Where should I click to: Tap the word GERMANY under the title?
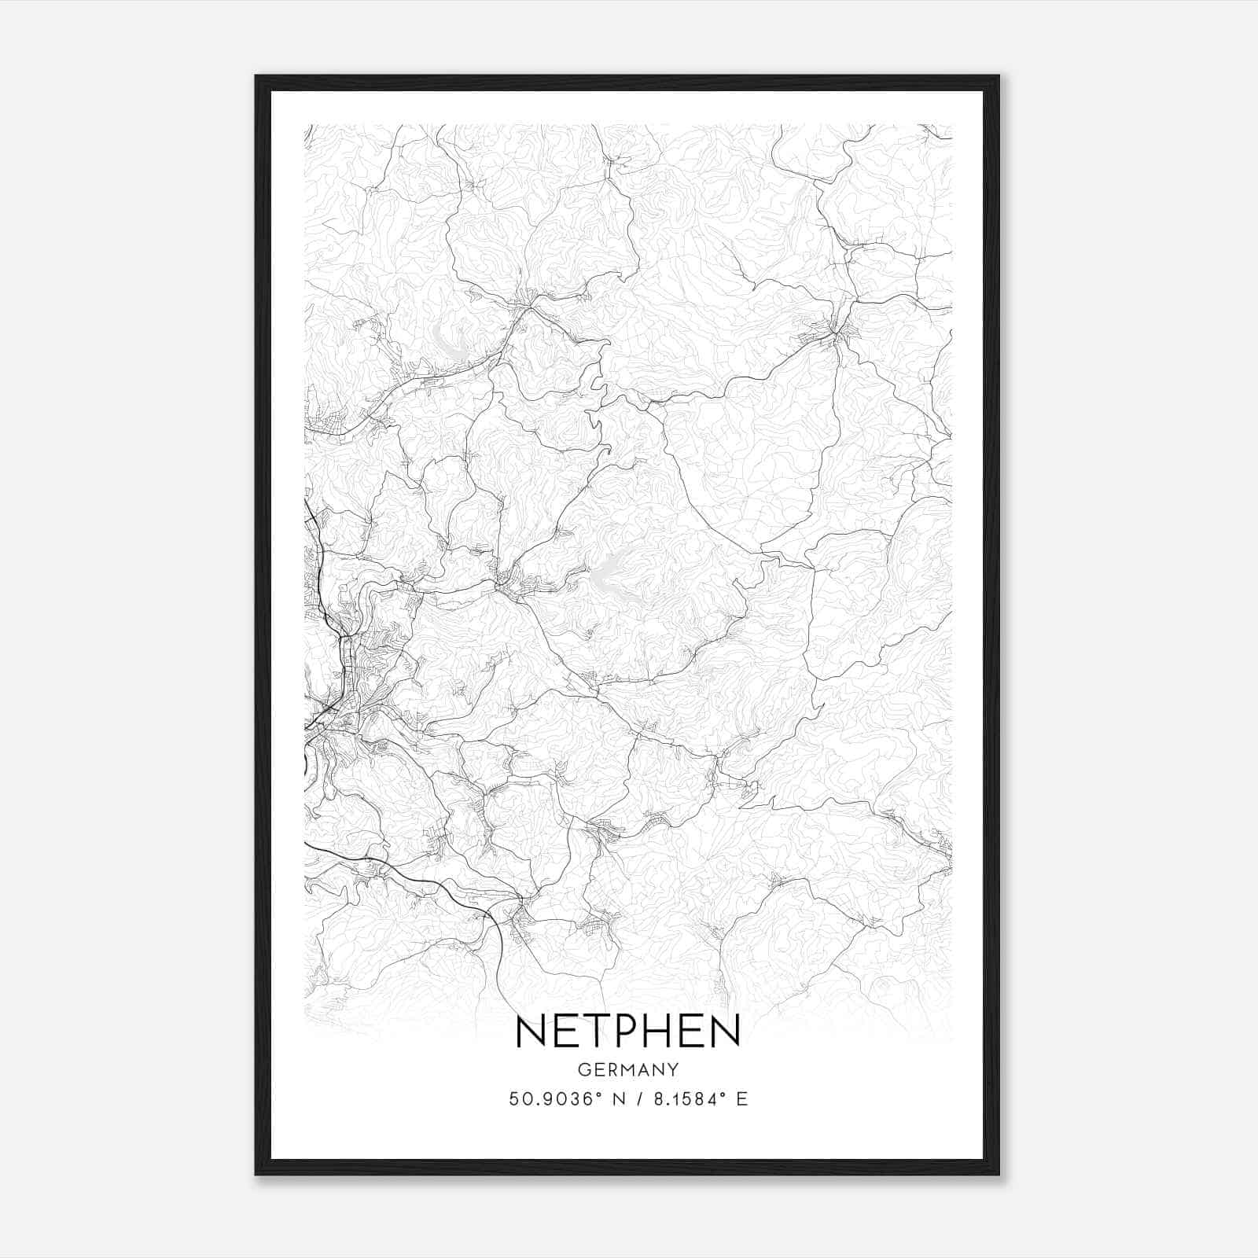click(627, 1070)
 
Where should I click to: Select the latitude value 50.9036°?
click(554, 1099)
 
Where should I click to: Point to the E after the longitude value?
click(741, 1099)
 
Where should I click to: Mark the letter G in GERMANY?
click(583, 1070)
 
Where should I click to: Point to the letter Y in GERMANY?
click(674, 1070)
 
